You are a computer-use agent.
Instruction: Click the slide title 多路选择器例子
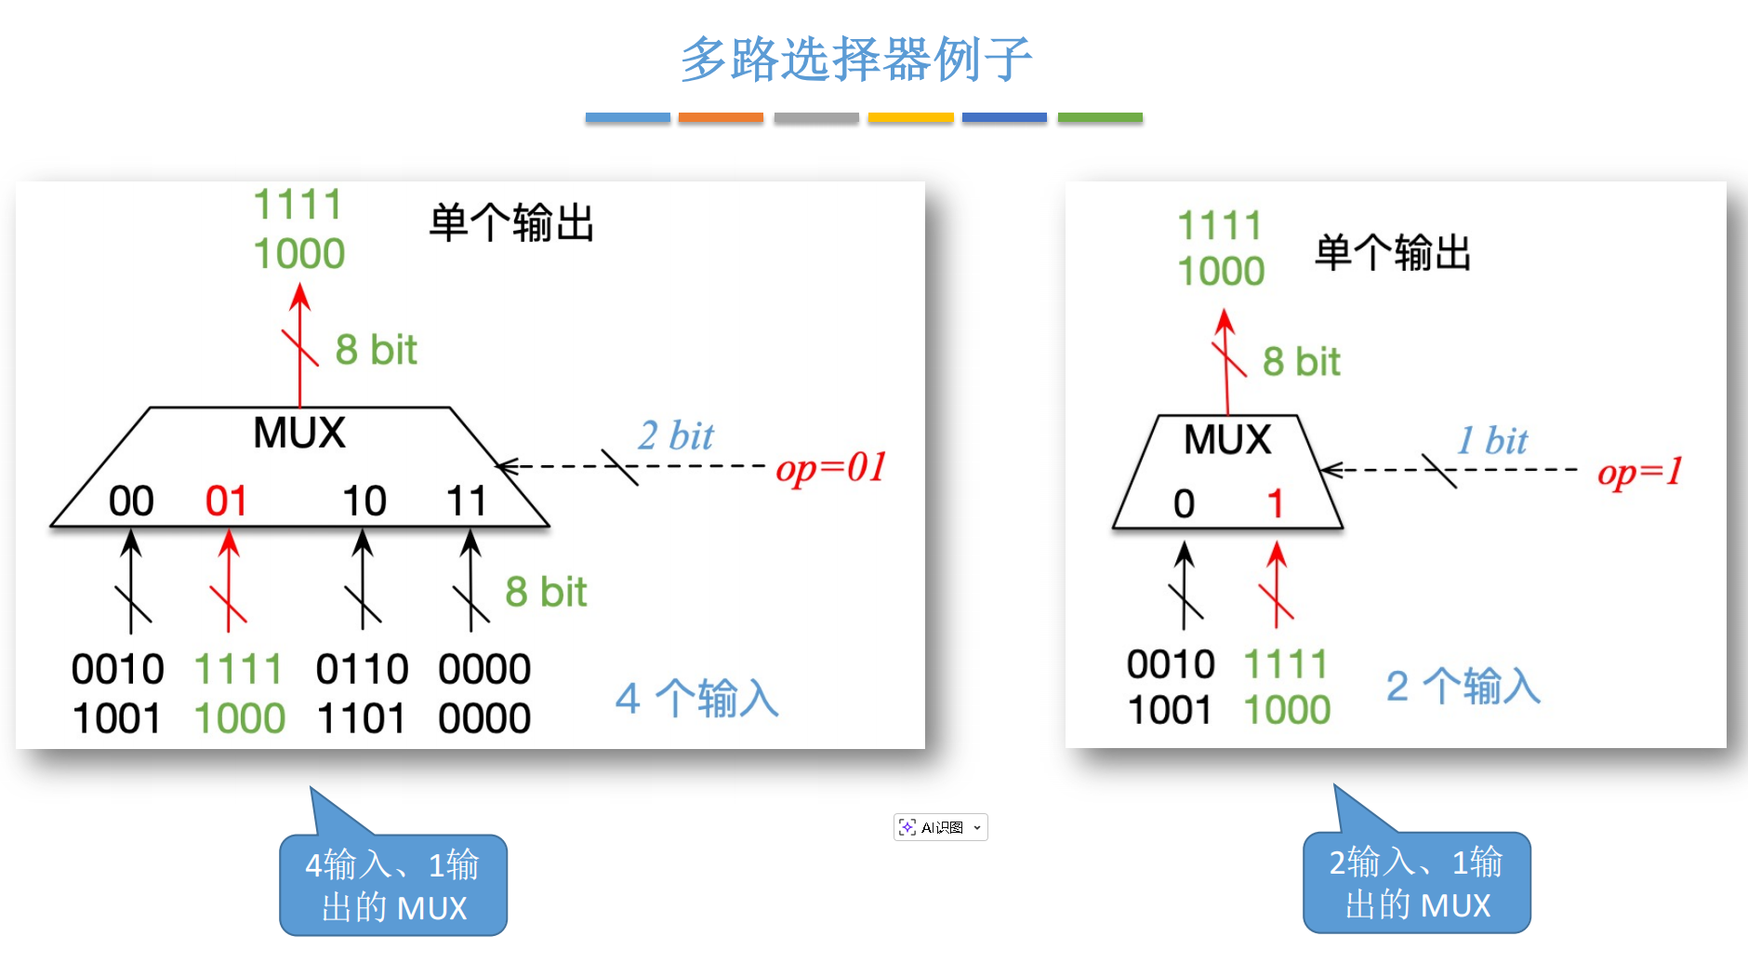[856, 59]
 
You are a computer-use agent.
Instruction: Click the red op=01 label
[830, 467]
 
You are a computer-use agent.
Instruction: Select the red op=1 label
[1639, 472]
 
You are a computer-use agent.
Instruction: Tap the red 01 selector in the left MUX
[226, 502]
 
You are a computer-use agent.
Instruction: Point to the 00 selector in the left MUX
[131, 502]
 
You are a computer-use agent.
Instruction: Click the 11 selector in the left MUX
[467, 502]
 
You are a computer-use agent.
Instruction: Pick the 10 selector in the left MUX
[364, 502]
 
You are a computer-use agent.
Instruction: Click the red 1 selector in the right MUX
[1275, 504]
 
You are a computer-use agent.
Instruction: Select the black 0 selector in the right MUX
[1184, 504]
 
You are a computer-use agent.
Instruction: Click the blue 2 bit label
[675, 435]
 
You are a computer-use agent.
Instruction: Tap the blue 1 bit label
[1492, 440]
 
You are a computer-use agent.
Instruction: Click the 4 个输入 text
[696, 698]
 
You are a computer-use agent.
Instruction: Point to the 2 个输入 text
[1463, 687]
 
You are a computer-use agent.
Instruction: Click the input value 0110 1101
[362, 693]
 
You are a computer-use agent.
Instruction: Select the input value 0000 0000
[484, 693]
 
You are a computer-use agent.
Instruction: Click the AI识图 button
[940, 827]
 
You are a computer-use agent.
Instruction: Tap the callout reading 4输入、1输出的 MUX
[393, 886]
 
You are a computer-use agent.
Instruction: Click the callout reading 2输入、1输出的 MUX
[1416, 883]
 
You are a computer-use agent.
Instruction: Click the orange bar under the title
[721, 118]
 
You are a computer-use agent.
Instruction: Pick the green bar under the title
[1100, 118]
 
